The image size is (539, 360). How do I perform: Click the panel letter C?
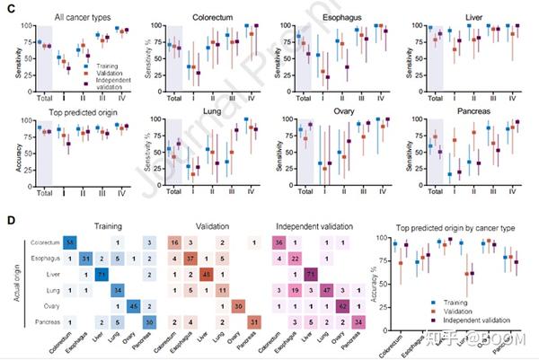pos(8,9)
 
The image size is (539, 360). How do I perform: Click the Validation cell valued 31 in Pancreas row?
pos(254,322)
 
